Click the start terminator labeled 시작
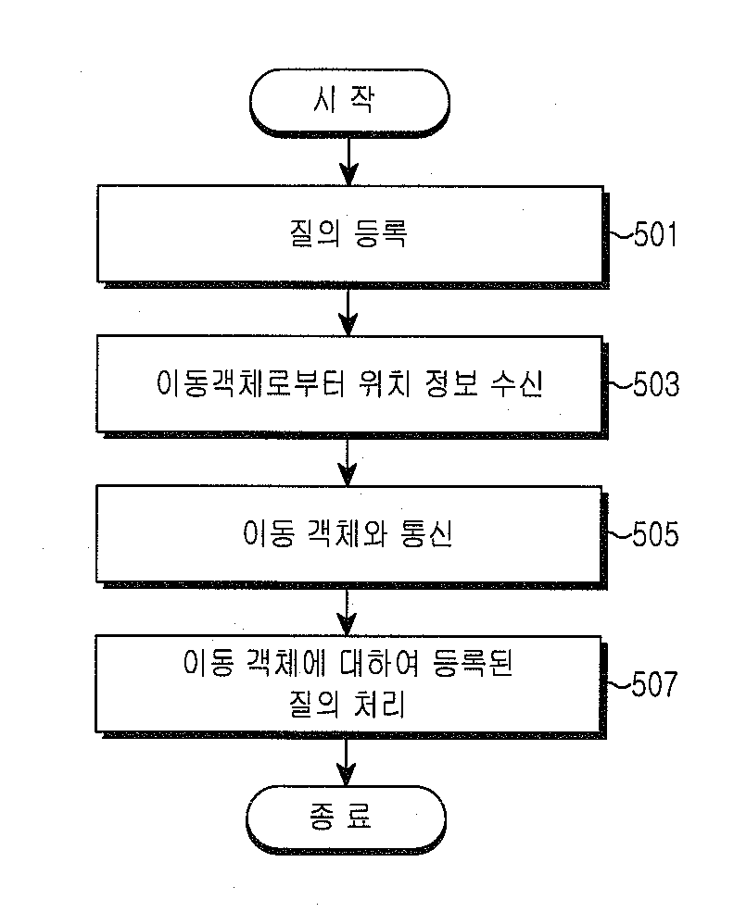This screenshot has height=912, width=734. click(x=349, y=103)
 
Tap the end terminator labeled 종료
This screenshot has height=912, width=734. click(x=346, y=818)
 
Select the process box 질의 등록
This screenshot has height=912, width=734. click(x=350, y=234)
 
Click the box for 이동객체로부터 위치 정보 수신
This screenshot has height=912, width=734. click(x=349, y=384)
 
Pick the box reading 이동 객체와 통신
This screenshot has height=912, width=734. click(x=348, y=534)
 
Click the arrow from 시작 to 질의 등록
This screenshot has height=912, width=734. click(x=348, y=161)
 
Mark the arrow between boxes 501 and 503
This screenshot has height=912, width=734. click(x=348, y=312)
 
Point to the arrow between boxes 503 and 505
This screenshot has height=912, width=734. click(x=348, y=462)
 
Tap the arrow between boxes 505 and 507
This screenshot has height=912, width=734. click(x=347, y=612)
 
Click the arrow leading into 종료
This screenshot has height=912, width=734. click(x=347, y=761)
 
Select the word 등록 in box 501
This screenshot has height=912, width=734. click(x=380, y=234)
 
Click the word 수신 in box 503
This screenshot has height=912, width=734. click(x=517, y=384)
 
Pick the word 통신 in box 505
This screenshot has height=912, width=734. click(x=426, y=533)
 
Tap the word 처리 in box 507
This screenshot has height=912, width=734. click(x=380, y=705)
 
